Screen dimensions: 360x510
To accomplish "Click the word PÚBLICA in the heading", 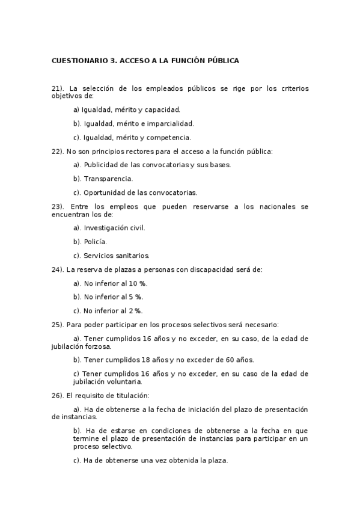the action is point(222,61).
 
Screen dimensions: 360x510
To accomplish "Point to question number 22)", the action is point(58,152).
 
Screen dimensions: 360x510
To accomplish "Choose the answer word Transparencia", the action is point(108,179).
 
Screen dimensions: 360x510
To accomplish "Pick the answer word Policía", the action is point(95,242).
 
